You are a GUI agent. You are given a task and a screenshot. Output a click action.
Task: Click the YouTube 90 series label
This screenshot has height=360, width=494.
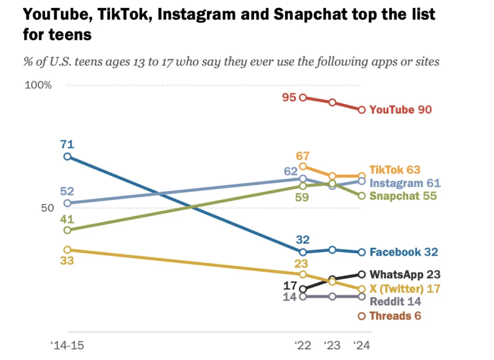click(401, 110)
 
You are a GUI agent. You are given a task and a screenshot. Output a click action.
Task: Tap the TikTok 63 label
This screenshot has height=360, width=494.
click(395, 170)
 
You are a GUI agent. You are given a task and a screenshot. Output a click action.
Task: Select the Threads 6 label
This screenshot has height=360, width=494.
click(395, 316)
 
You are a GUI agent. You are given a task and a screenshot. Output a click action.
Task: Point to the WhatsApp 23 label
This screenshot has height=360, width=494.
click(405, 275)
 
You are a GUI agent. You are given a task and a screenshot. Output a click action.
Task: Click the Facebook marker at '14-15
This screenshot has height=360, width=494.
click(67, 157)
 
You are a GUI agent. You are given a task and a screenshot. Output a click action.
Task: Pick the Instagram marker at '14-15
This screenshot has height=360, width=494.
click(67, 203)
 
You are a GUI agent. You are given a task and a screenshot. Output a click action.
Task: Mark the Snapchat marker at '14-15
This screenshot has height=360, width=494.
click(67, 230)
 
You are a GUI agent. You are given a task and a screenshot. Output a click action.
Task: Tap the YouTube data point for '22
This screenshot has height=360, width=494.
click(303, 97)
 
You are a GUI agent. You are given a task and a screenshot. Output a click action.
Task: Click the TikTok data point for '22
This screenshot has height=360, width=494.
click(303, 166)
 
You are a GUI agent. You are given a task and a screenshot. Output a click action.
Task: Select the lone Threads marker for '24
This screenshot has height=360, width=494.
click(362, 316)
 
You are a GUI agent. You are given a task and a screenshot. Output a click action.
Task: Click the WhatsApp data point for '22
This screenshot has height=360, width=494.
click(303, 289)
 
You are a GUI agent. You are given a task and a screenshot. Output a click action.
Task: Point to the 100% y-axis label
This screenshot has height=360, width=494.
click(38, 85)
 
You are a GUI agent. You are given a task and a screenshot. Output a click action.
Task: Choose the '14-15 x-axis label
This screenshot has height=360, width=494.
click(67, 345)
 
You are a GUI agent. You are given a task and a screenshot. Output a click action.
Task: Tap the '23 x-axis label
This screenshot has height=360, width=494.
click(332, 345)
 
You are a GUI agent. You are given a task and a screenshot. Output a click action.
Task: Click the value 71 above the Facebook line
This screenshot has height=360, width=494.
click(67, 145)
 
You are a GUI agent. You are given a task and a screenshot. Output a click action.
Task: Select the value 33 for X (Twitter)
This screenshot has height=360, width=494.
click(67, 261)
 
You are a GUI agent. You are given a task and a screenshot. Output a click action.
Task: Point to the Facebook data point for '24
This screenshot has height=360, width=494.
click(362, 252)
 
